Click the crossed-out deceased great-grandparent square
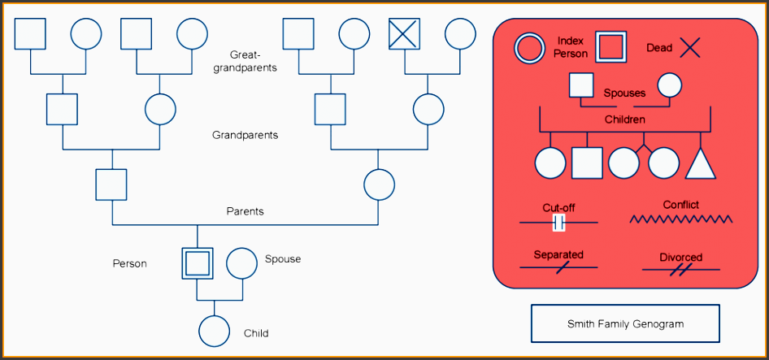405,34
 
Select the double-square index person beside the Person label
197,263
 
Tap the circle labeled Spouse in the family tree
241,263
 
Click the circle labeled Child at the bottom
215,330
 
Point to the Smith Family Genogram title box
625,323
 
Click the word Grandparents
245,135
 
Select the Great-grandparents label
245,62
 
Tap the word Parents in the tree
245,211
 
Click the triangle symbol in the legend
701,164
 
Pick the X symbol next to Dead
689,48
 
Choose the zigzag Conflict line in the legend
681,219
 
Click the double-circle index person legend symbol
529,48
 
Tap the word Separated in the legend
558,254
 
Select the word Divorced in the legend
680,257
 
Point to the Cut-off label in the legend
558,208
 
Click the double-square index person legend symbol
611,48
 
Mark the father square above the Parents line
111,184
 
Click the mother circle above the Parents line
379,184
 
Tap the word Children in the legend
624,119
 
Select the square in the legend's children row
587,163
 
